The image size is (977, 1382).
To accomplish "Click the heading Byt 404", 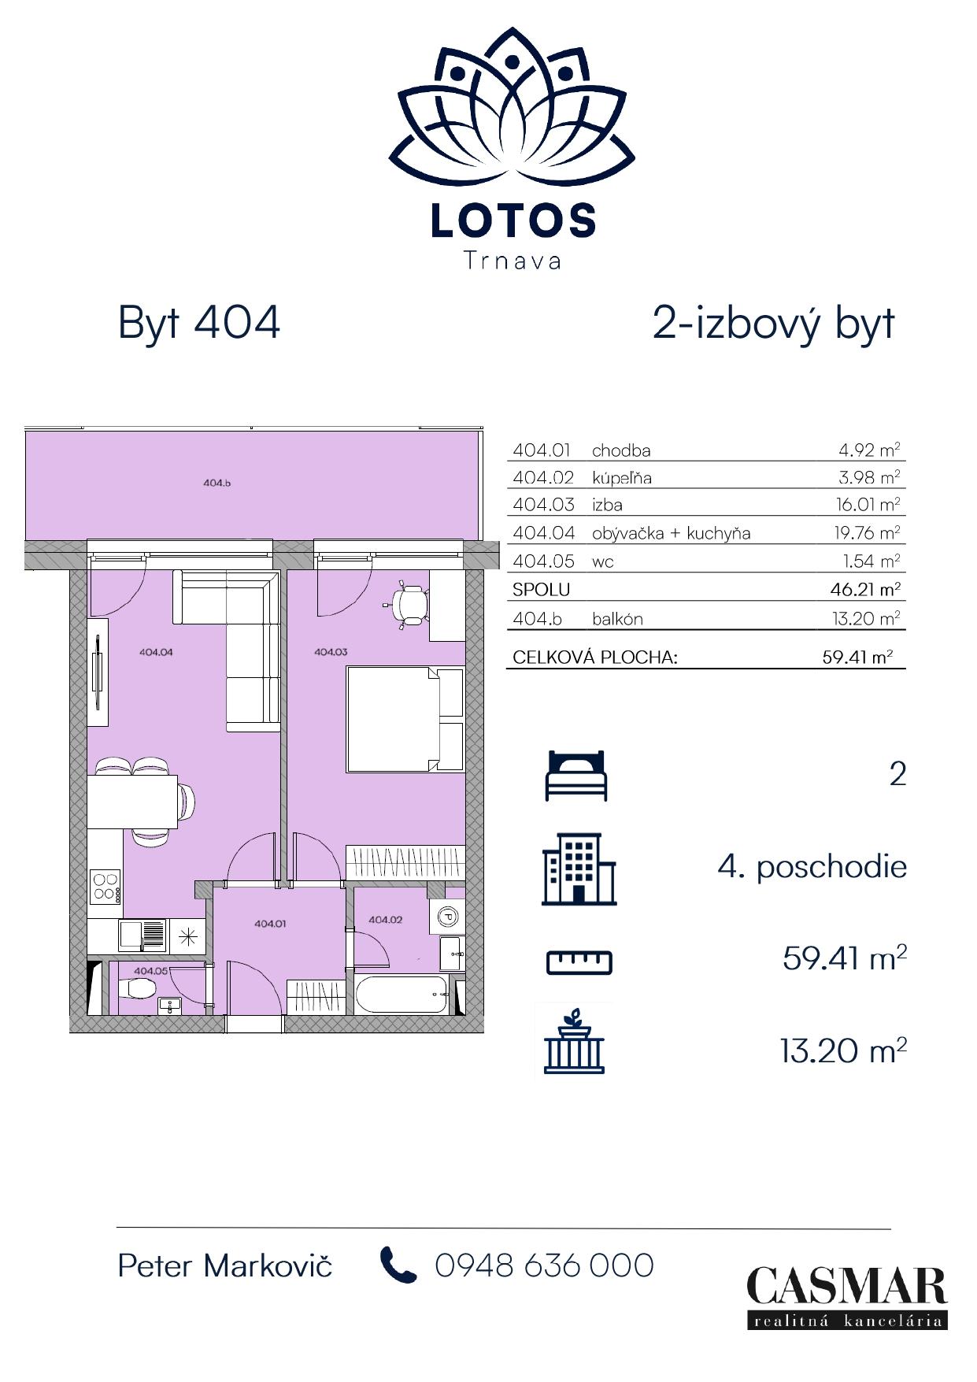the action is coord(198,323).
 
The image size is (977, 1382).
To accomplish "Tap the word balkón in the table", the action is coord(617,619).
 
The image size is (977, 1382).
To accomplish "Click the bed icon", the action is coord(576,775).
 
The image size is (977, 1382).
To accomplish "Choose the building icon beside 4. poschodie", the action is coord(579,869).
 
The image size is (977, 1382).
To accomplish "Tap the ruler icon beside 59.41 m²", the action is coord(579,961).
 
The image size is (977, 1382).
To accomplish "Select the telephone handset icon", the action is coord(398,1265).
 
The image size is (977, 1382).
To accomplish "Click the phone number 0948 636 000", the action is coord(544,1265).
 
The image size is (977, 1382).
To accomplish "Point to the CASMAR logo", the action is coord(846,1296).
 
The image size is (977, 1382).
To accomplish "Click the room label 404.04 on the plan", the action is coord(155,652).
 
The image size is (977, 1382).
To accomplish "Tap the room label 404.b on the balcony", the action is coord(216,483).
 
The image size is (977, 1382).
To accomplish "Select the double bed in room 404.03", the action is coord(405,719).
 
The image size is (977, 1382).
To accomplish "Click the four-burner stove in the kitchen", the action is coord(105,885).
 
